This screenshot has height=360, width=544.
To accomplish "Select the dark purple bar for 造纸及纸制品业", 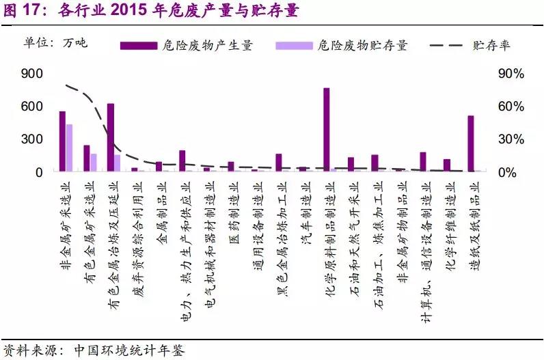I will (470, 143).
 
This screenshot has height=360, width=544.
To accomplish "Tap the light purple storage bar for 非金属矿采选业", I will (70, 148).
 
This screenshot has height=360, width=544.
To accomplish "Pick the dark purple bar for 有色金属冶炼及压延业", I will (111, 137).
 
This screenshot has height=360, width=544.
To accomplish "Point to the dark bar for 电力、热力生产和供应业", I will (182, 161).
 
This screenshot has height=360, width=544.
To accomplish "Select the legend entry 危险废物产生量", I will (187, 46).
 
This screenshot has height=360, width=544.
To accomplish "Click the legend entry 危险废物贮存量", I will (342, 46).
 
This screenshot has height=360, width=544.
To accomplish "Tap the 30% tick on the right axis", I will (510, 139).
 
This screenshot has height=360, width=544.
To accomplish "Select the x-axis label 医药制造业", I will (232, 205).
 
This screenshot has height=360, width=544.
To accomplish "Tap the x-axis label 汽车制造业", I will (303, 205).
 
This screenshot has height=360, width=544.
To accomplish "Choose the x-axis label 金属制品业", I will (159, 205).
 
